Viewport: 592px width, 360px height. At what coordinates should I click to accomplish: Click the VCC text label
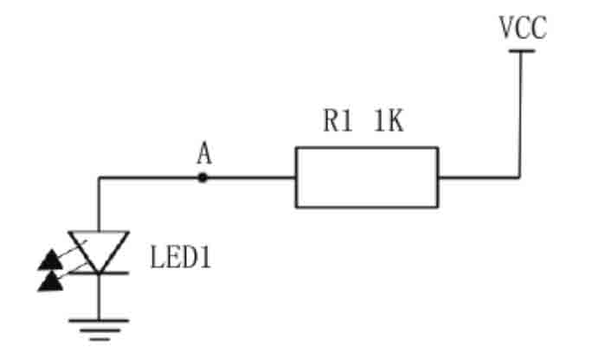[523, 28]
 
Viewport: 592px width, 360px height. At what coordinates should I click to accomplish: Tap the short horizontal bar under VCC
[521, 51]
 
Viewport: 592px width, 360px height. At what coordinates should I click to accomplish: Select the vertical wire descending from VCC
[521, 114]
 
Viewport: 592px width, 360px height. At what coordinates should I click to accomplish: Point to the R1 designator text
[338, 121]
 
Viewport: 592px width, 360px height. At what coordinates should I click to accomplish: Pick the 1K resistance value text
[389, 121]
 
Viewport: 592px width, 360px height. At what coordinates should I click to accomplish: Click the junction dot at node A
[203, 177]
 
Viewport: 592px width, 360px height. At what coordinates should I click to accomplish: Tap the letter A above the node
[204, 153]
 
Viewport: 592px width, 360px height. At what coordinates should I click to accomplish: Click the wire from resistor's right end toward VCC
[479, 177]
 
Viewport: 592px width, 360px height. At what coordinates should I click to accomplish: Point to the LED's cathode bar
[99, 273]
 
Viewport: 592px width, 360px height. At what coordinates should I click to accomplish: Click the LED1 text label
[181, 257]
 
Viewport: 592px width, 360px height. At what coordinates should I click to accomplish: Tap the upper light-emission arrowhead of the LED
[50, 260]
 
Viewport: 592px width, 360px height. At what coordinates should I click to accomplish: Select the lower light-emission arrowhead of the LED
[50, 281]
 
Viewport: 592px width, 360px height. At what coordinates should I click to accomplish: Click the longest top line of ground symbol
[99, 321]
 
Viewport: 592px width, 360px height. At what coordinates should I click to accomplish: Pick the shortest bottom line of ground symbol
[100, 339]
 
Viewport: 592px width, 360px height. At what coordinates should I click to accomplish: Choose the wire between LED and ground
[99, 297]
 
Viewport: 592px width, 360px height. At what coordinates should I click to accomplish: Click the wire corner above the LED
[99, 177]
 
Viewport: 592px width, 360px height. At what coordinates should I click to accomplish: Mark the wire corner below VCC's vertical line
[521, 177]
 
